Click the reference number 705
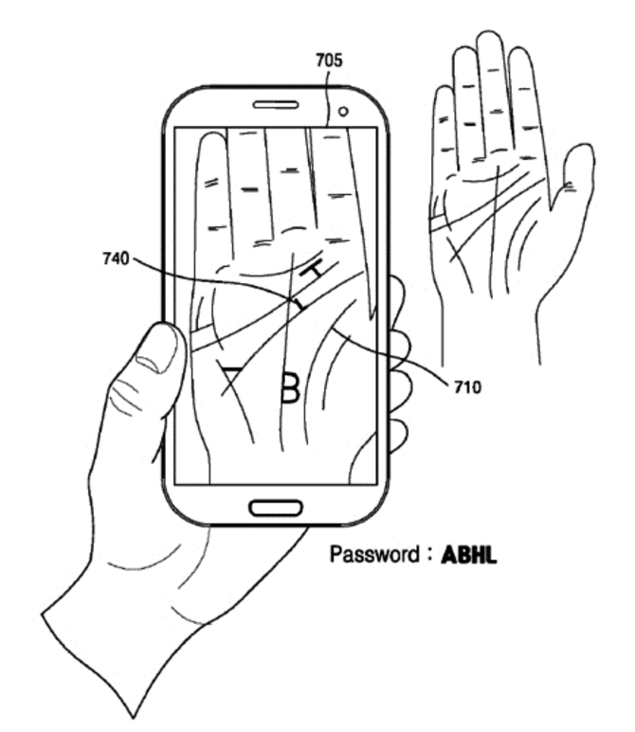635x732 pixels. (x=329, y=61)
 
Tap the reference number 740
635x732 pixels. (x=116, y=259)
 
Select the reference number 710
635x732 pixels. (x=467, y=387)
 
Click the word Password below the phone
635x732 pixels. (x=374, y=554)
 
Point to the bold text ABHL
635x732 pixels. (x=469, y=555)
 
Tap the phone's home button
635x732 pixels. (x=276, y=508)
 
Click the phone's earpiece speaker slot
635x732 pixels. (x=276, y=104)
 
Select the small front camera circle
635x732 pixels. (x=343, y=112)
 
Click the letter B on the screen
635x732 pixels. (x=291, y=387)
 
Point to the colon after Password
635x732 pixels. (x=428, y=556)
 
